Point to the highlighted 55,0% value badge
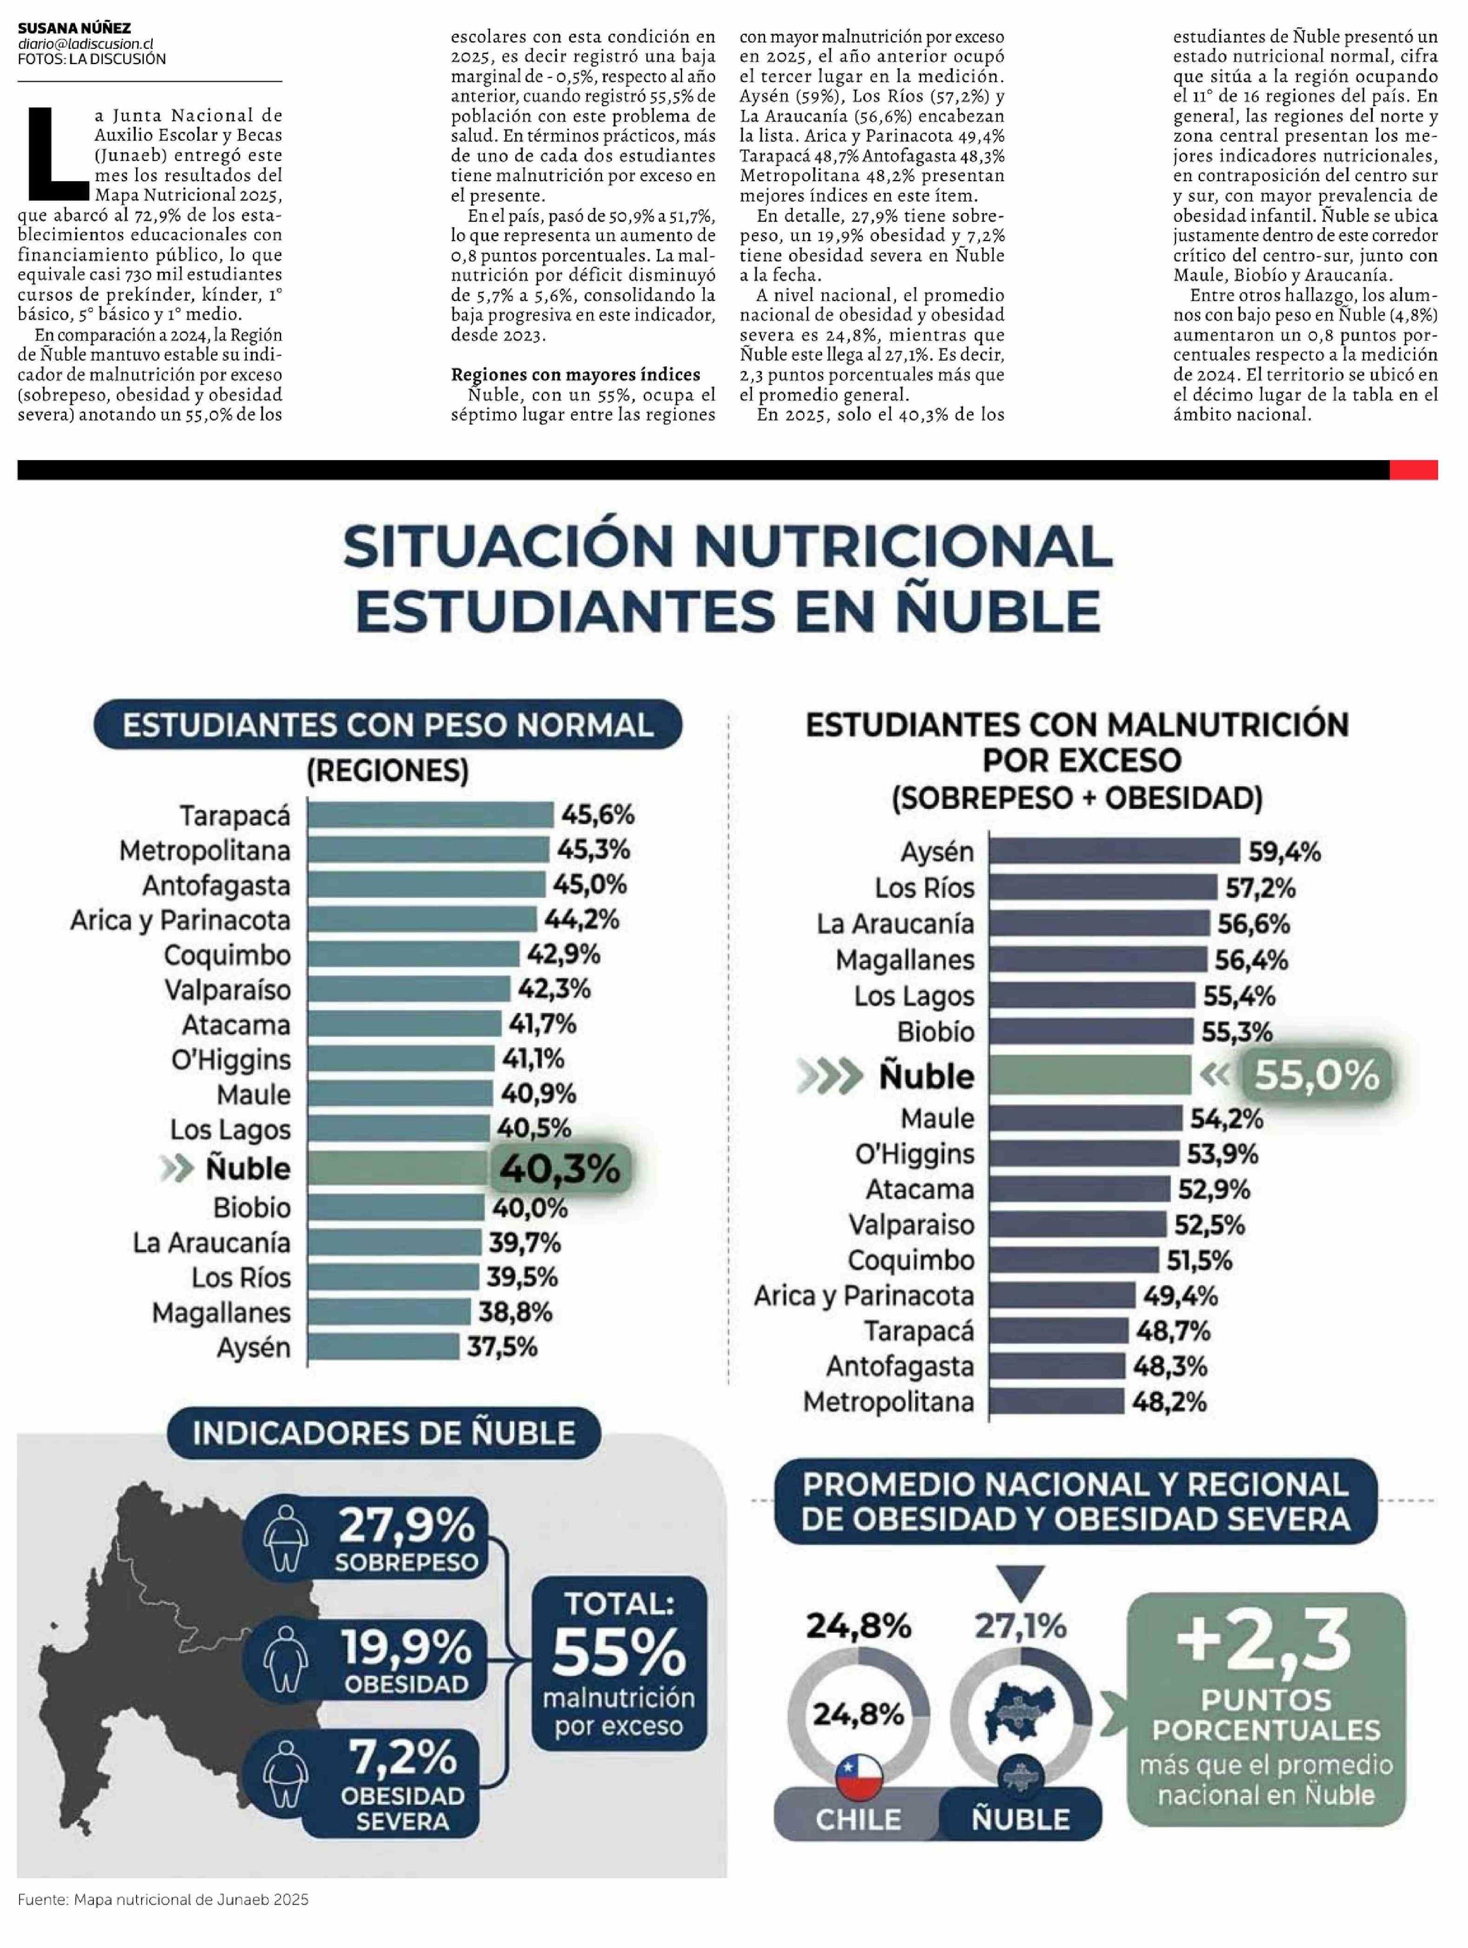click(x=1316, y=1075)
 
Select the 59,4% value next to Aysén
click(x=1284, y=852)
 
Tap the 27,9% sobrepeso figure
click(x=406, y=1525)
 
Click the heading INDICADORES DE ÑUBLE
click(x=384, y=1433)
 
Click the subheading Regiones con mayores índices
click(x=575, y=374)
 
